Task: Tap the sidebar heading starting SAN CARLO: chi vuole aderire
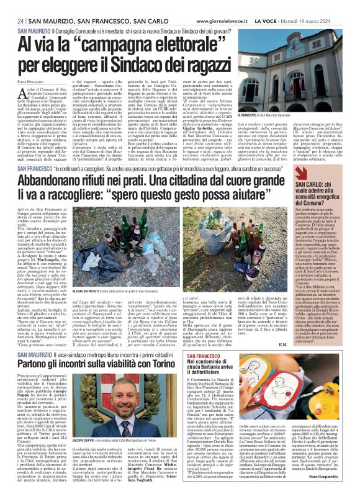323,193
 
